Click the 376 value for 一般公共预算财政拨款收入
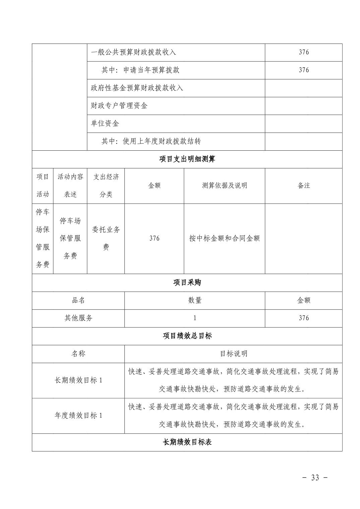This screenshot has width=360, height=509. [x=304, y=52]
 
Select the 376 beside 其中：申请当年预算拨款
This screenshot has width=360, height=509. [x=304, y=70]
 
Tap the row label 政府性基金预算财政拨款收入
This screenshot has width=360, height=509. [x=137, y=88]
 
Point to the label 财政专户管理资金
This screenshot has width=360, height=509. [x=119, y=106]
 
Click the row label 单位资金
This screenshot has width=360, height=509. [x=105, y=124]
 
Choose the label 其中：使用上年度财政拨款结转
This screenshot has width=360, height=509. [x=151, y=141]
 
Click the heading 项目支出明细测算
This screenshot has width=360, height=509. [x=187, y=159]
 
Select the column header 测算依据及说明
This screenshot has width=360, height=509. [x=224, y=186]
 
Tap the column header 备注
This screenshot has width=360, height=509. [x=304, y=186]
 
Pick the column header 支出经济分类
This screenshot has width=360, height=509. [x=106, y=186]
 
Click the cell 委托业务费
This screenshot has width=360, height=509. [x=106, y=238]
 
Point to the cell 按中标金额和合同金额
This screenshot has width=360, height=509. [x=224, y=238]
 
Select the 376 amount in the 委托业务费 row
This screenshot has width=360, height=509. [x=154, y=238]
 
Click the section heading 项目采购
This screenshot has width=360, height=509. [x=187, y=283]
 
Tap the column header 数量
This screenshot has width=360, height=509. [x=195, y=300]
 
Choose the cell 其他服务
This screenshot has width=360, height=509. [x=78, y=318]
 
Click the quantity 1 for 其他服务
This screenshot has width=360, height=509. [x=195, y=318]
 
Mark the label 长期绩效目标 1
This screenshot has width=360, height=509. [x=78, y=380]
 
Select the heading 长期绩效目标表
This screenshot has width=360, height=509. [x=187, y=442]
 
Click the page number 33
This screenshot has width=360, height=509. [x=315, y=478]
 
